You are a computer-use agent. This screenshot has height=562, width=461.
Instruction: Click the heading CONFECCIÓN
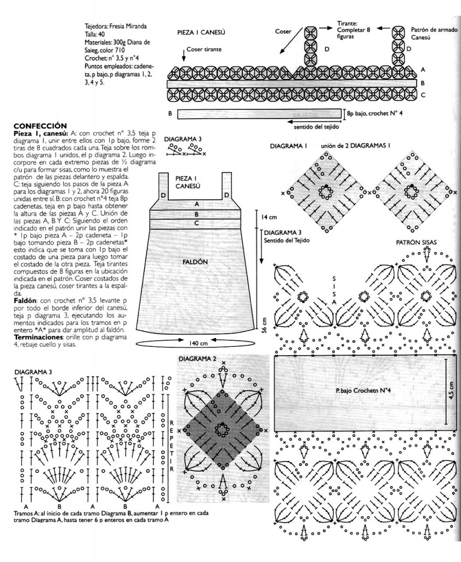[40, 125]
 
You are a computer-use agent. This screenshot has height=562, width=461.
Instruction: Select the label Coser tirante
[204, 49]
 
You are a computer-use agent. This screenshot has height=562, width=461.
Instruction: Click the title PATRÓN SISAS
[417, 242]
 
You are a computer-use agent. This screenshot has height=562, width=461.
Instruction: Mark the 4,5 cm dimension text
[452, 391]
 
